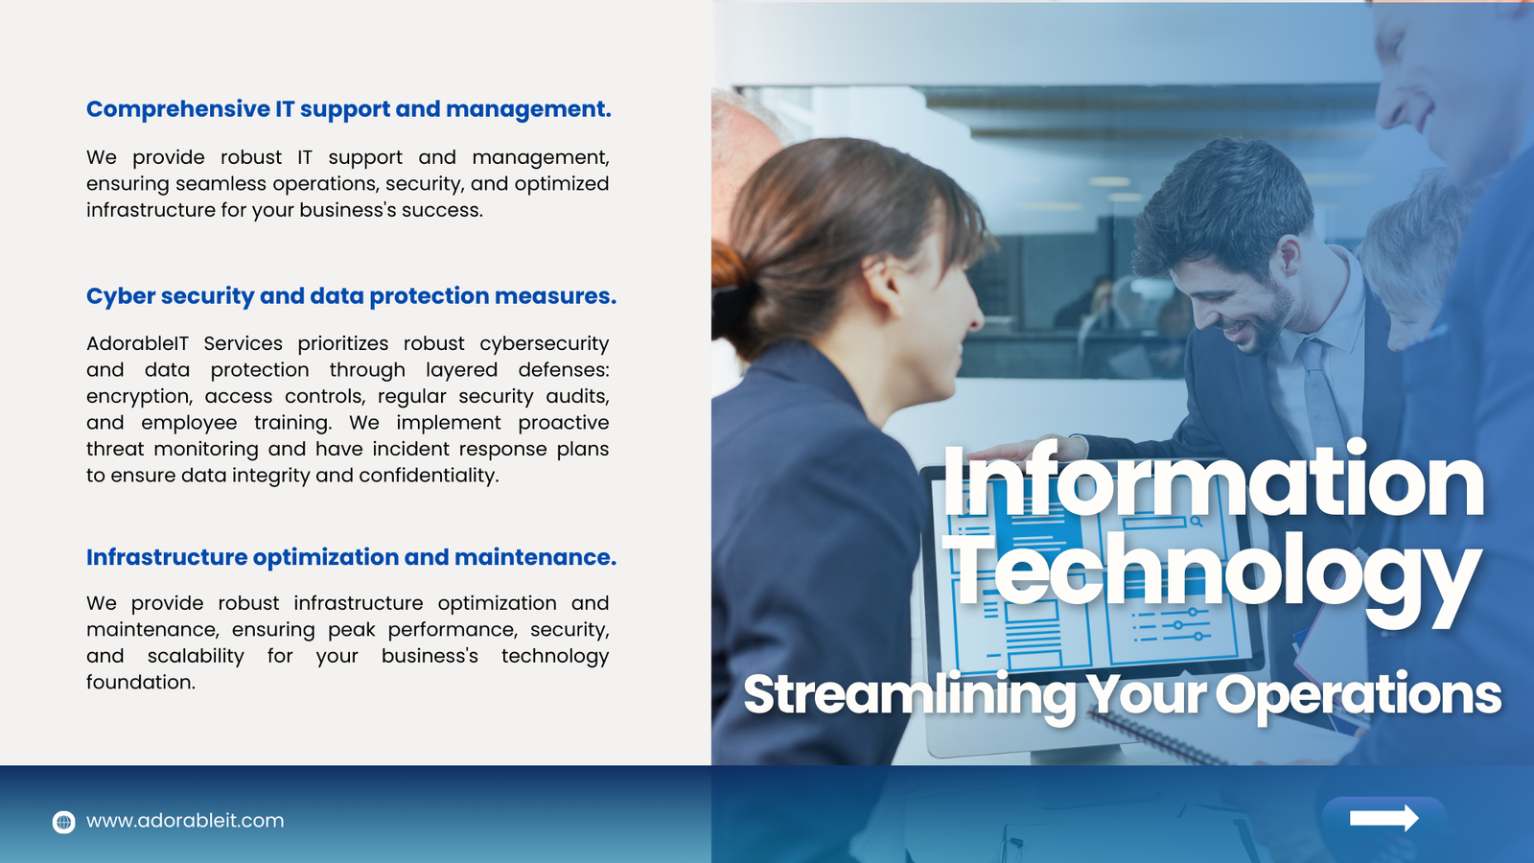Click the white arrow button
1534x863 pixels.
[x=1384, y=818]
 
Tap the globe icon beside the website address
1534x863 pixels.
[x=63, y=821]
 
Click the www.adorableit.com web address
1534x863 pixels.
[x=185, y=821]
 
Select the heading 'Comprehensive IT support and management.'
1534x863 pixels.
[x=349, y=109]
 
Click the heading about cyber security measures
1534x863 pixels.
[x=351, y=296]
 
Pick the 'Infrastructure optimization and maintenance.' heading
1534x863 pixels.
[x=351, y=557]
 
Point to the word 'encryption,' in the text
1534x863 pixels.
[x=137, y=397]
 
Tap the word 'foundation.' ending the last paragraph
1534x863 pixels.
[x=141, y=682]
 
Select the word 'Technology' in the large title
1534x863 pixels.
[x=1213, y=575]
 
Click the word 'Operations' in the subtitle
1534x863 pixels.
[x=1359, y=694]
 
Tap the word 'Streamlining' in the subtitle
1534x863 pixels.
[x=910, y=694]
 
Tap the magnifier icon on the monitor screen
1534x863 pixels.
[x=1197, y=522]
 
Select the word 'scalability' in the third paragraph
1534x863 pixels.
[x=196, y=656]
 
